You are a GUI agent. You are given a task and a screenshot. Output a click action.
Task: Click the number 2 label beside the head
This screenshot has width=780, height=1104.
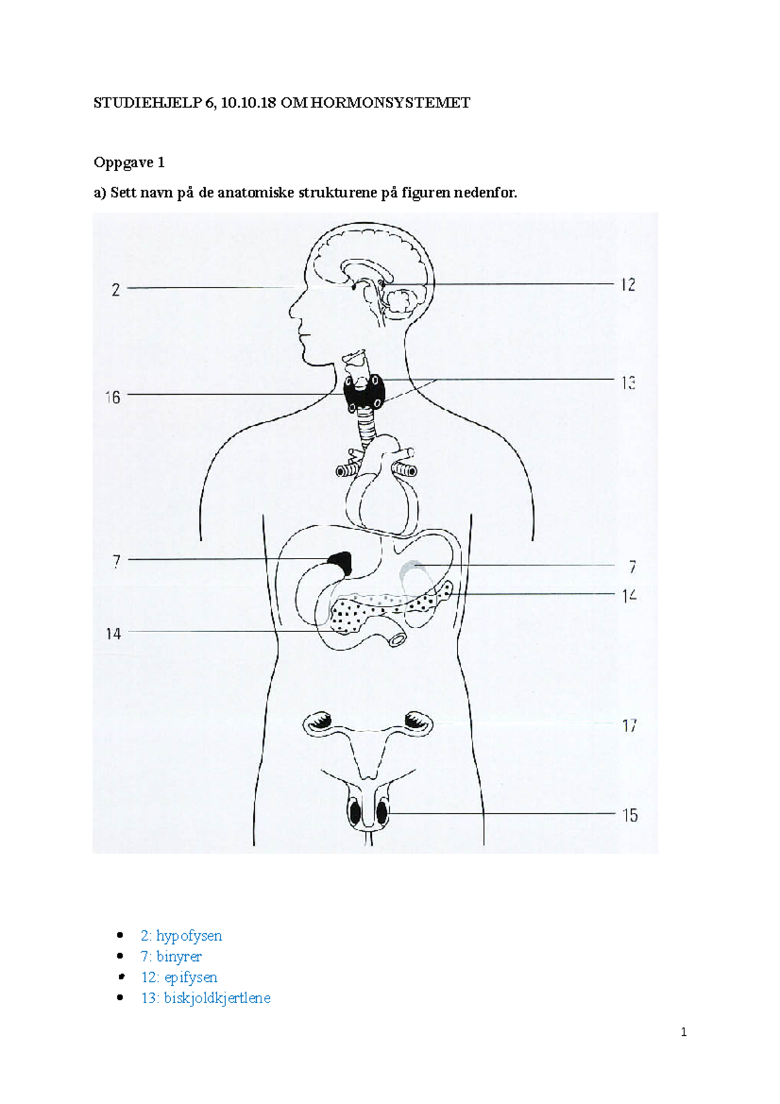pyautogui.click(x=116, y=290)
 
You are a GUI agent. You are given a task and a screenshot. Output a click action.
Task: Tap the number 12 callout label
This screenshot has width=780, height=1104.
pyautogui.click(x=627, y=285)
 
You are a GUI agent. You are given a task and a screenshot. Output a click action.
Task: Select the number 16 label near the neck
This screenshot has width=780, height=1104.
pyautogui.click(x=112, y=397)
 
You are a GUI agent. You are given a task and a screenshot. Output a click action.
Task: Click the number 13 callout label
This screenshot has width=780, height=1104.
pyautogui.click(x=627, y=383)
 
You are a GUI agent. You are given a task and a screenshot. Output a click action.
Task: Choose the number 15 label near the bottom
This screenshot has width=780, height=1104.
pyautogui.click(x=629, y=815)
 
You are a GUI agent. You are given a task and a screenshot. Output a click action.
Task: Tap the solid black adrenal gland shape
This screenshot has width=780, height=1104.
pyautogui.click(x=340, y=561)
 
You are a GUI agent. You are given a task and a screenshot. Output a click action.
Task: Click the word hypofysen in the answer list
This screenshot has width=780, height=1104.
pyautogui.click(x=188, y=936)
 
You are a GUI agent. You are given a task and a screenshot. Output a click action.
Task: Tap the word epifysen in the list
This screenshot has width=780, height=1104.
pyautogui.click(x=190, y=977)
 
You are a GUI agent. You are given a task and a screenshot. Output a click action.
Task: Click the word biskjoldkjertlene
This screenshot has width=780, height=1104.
pyautogui.click(x=217, y=998)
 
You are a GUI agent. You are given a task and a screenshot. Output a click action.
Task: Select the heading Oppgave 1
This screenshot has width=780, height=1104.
pyautogui.click(x=129, y=163)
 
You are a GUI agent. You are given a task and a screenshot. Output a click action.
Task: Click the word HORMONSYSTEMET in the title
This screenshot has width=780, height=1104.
pyautogui.click(x=390, y=103)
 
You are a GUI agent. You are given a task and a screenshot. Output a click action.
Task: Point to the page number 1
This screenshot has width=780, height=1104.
pyautogui.click(x=683, y=1032)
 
